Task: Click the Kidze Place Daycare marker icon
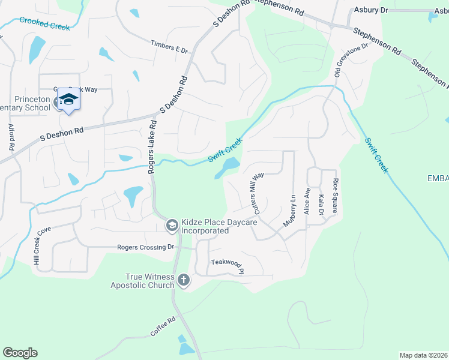[171, 225]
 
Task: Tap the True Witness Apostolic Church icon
[184, 280]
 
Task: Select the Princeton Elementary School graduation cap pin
[69, 99]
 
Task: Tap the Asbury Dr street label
[372, 10]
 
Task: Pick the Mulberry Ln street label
[290, 211]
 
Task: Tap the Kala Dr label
[321, 205]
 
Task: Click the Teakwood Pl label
[228, 263]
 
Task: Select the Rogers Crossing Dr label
[145, 247]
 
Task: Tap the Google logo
[20, 353]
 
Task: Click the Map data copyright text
[423, 355]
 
